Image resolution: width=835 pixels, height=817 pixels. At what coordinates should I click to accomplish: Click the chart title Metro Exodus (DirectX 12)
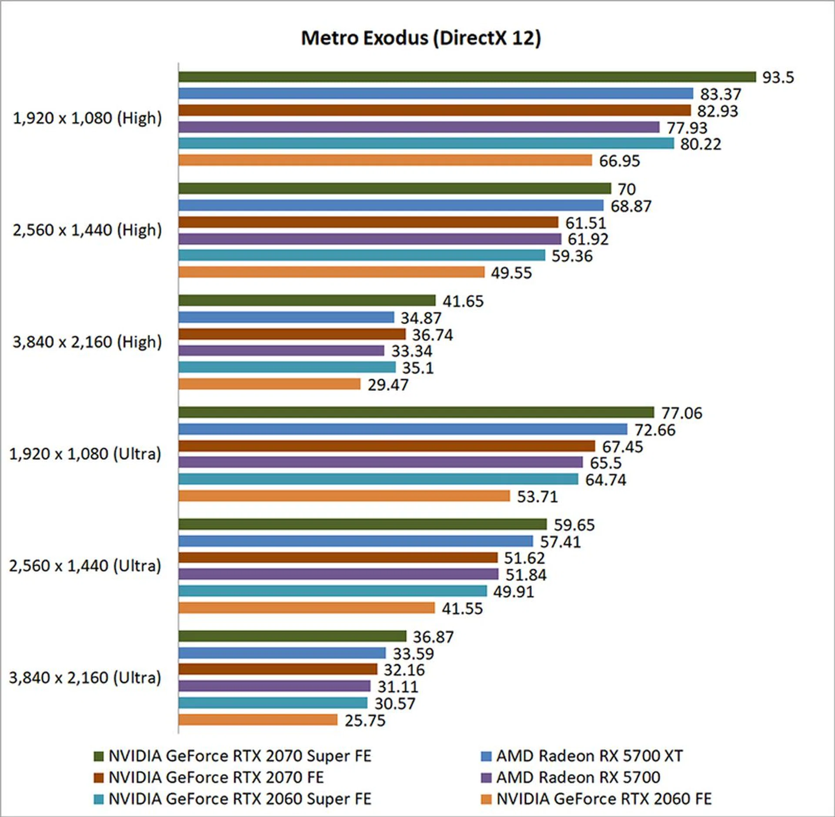pos(421,38)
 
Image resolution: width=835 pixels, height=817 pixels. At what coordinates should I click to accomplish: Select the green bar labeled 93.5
pos(467,77)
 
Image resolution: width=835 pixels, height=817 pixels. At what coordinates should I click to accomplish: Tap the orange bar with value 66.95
pos(385,160)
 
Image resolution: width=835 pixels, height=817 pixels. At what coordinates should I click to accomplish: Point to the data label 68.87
pos(631,206)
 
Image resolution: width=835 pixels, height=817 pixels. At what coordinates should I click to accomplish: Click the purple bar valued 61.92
pos(370,239)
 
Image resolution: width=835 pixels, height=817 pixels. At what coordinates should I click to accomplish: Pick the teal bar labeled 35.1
pos(287,368)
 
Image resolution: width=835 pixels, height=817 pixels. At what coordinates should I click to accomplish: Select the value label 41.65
pos(463,301)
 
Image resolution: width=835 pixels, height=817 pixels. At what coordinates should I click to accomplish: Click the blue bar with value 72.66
pos(403,429)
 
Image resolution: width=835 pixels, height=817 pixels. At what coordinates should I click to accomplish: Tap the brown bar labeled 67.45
pos(387,446)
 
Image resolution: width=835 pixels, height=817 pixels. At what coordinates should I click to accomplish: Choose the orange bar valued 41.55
pos(307,608)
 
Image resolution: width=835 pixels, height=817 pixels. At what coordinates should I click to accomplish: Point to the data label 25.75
pos(365,720)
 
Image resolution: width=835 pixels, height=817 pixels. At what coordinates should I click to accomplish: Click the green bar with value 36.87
pos(292,636)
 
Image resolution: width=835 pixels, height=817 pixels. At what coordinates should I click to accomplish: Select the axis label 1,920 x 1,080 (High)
pos(87,118)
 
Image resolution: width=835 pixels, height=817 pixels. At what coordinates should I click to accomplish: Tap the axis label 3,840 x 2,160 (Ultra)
pos(85,678)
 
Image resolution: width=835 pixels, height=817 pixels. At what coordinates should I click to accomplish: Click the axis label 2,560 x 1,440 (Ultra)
pos(85,566)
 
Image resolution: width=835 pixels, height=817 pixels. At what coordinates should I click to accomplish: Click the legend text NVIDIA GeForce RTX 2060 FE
pos(604,799)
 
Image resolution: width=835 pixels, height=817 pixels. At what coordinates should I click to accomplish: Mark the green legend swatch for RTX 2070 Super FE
pos(99,757)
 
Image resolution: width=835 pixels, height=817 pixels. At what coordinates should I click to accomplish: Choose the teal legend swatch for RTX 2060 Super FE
pos(99,799)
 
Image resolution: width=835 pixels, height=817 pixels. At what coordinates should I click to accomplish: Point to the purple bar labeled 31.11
pos(274,686)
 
